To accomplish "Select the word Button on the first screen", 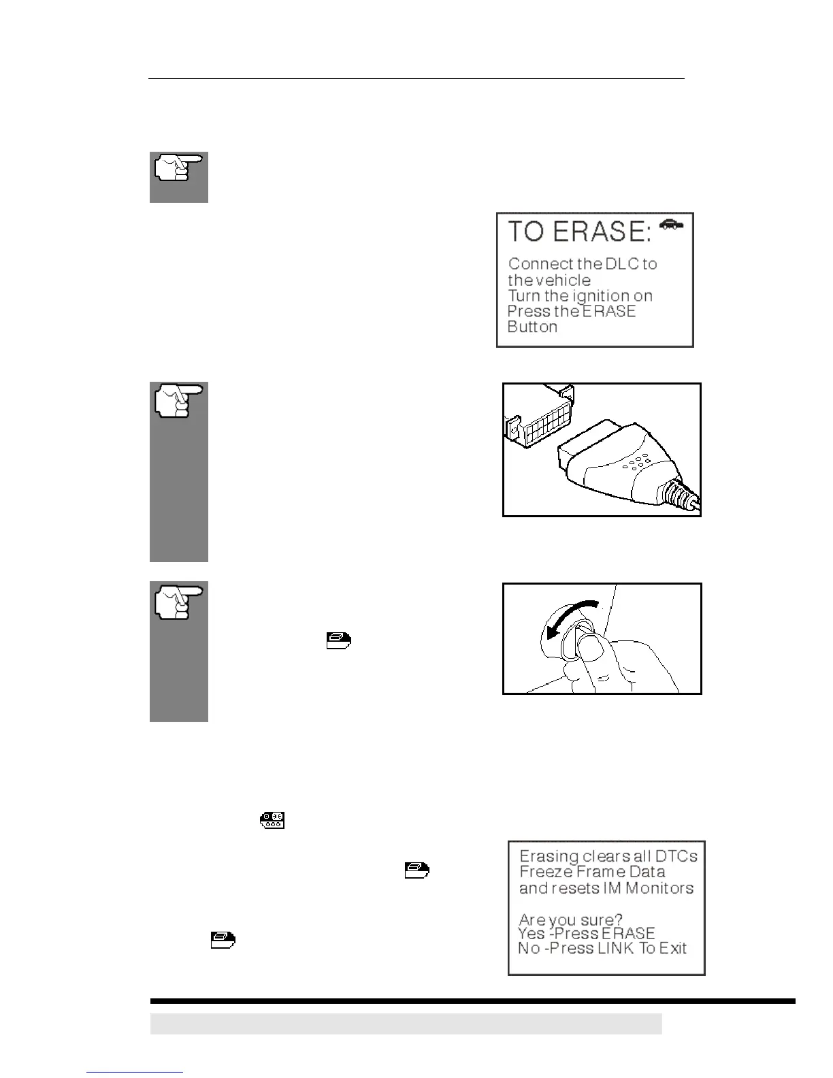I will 532,327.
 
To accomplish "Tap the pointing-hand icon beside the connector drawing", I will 179,401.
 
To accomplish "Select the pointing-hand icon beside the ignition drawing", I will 179,601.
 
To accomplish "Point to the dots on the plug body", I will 638,462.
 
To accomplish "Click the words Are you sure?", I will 570,921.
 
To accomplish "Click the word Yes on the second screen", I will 532,933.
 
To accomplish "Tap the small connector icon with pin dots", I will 272,820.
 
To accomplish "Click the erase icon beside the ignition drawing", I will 338,640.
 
